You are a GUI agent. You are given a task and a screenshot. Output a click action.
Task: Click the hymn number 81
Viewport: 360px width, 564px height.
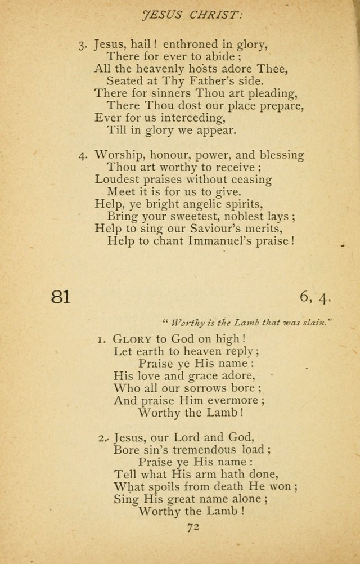tap(61, 297)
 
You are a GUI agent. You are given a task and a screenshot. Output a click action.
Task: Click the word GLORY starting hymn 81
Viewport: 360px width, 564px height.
tap(132, 339)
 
